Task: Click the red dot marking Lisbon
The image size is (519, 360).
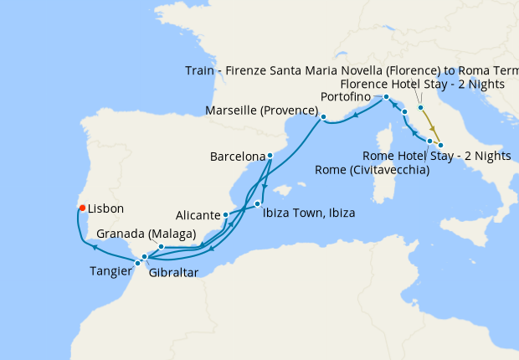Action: point(82,208)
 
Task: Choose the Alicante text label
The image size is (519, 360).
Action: point(197,213)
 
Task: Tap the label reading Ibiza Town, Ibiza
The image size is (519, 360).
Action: point(308,213)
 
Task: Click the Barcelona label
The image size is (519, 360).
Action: point(237,157)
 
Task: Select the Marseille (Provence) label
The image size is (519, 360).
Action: point(260,111)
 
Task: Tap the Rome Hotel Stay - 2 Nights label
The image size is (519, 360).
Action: point(437,155)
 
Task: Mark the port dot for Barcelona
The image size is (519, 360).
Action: point(270,156)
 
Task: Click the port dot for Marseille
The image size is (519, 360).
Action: point(323,116)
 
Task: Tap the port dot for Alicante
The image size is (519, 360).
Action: point(226,215)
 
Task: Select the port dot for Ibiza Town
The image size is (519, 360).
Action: point(258,204)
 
